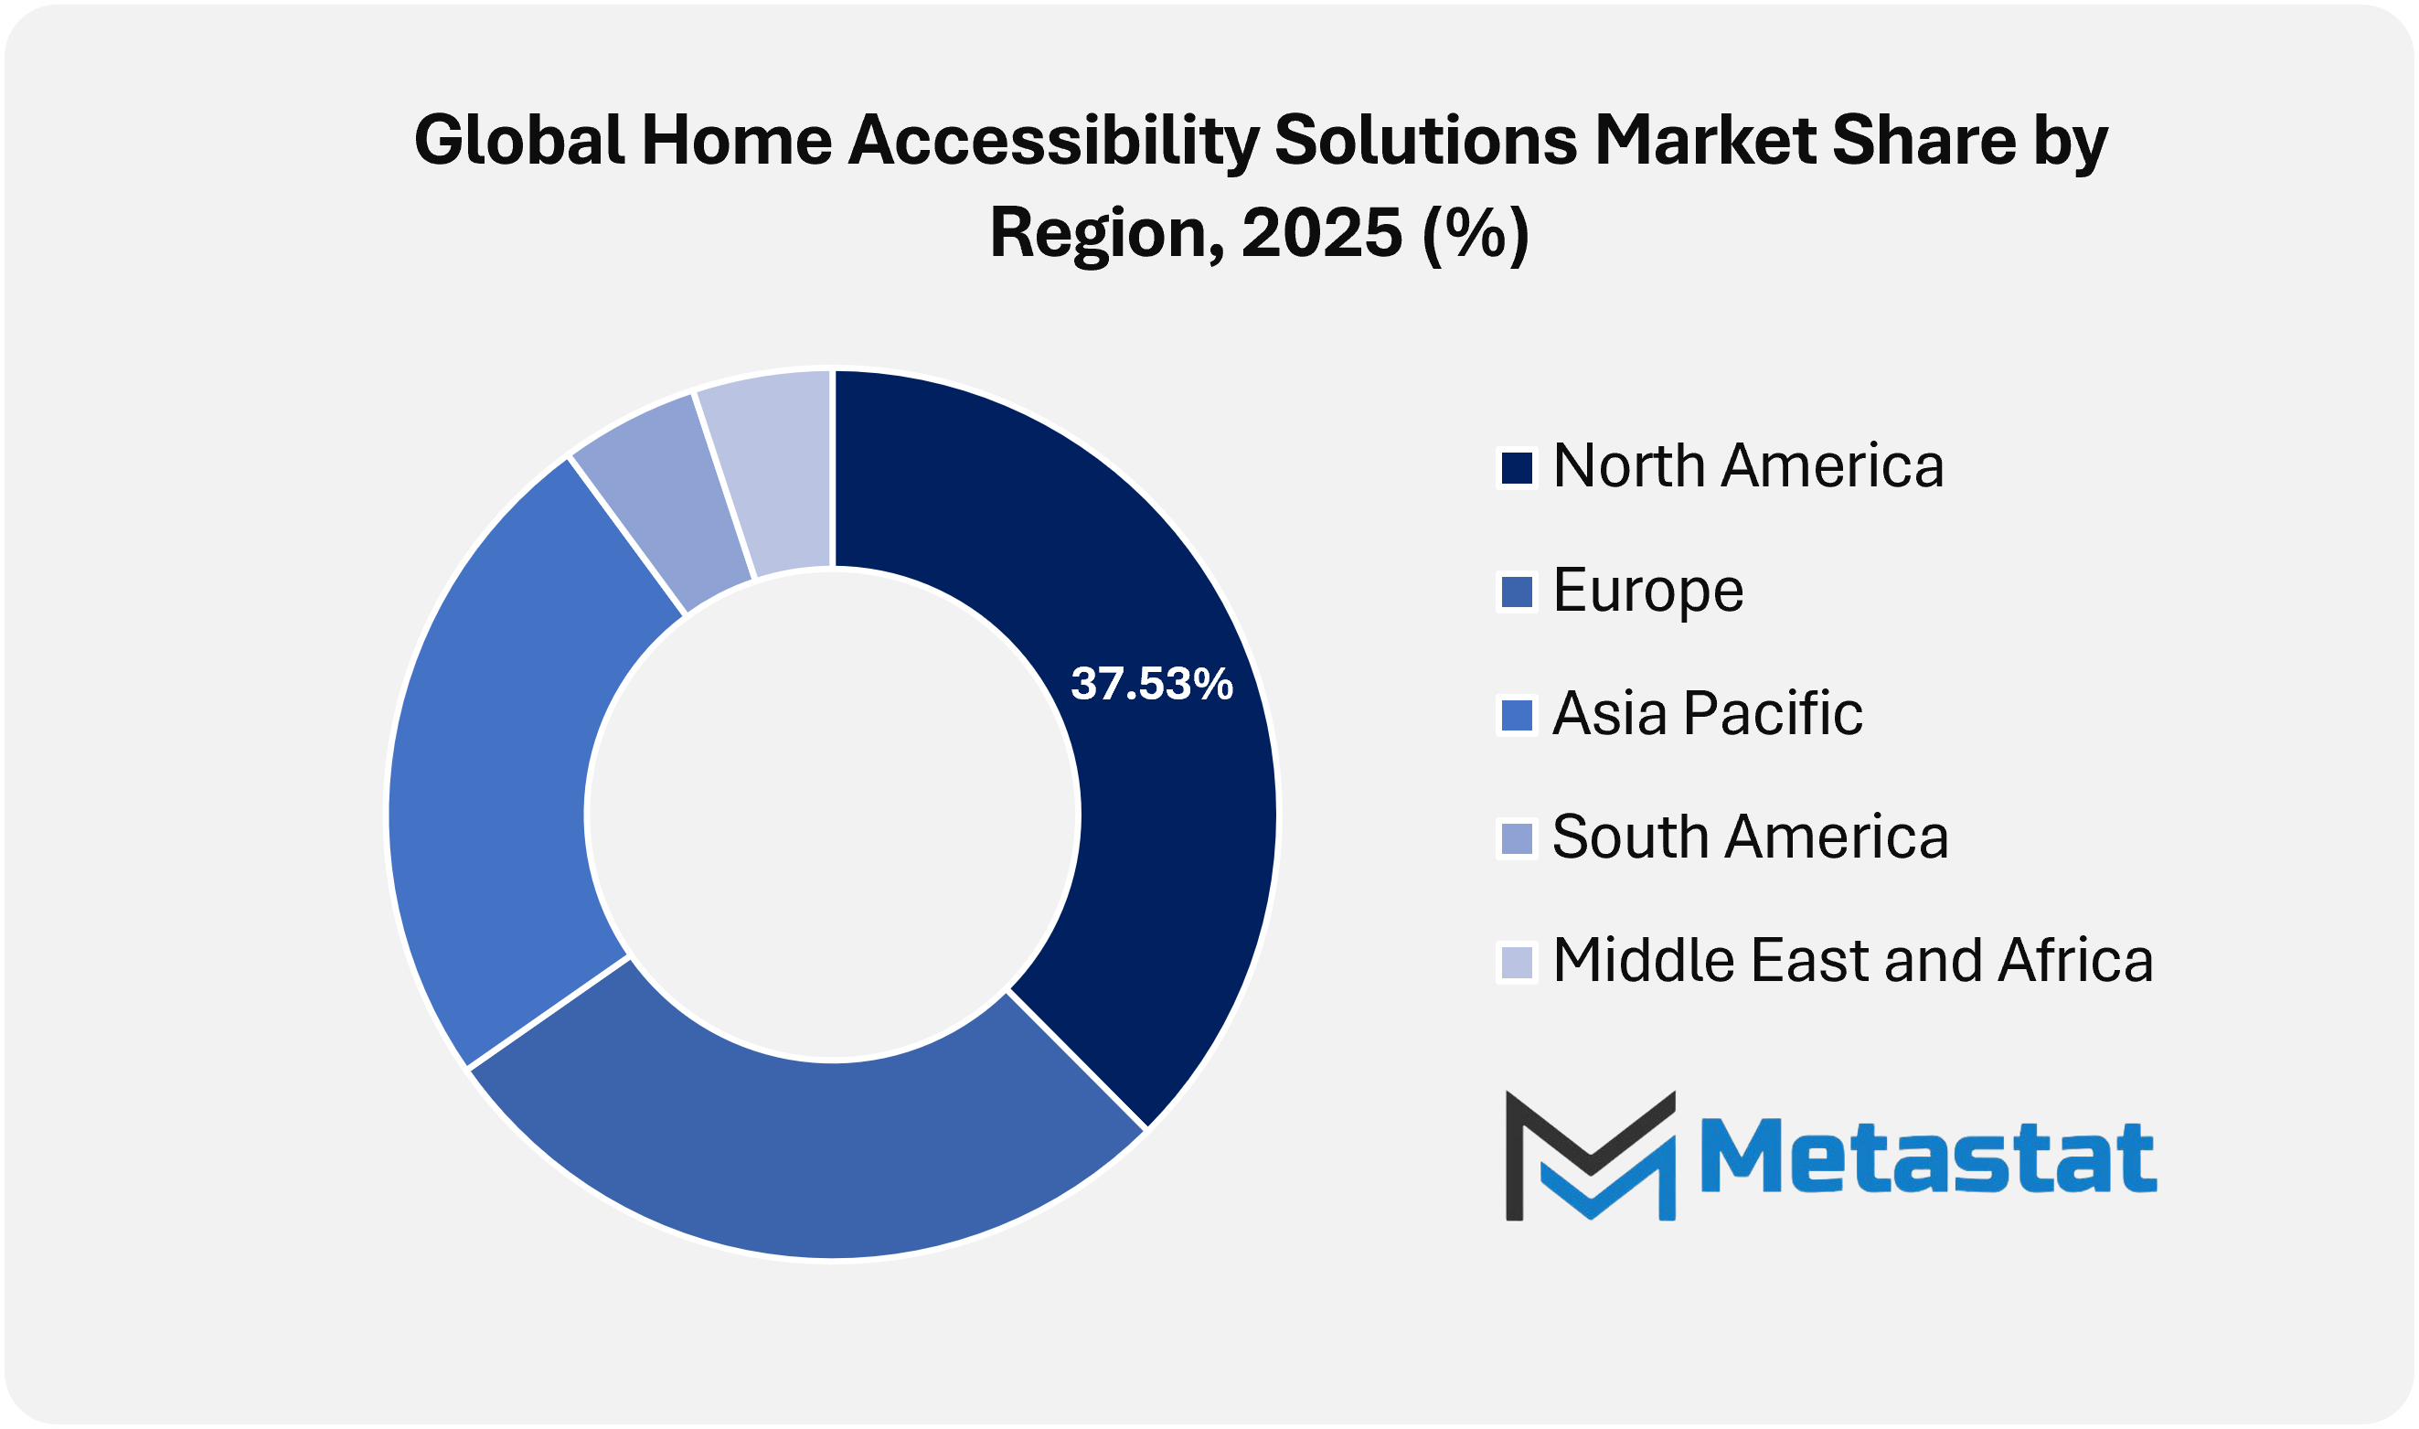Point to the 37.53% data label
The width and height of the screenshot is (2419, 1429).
(1151, 684)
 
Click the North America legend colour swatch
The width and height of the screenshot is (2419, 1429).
(1517, 469)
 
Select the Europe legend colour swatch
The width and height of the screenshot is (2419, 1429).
(1517, 592)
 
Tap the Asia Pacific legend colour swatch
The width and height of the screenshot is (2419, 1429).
(1517, 716)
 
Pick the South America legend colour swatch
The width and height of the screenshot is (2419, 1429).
(1517, 838)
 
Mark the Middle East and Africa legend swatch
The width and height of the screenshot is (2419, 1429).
(1517, 962)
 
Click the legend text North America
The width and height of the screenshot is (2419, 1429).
(1748, 467)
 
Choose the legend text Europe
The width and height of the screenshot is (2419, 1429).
(1648, 591)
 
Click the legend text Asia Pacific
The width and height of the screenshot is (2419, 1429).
(1708, 713)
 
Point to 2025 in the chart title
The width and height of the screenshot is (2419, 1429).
(1321, 234)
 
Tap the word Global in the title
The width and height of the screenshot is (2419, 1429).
(519, 140)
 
